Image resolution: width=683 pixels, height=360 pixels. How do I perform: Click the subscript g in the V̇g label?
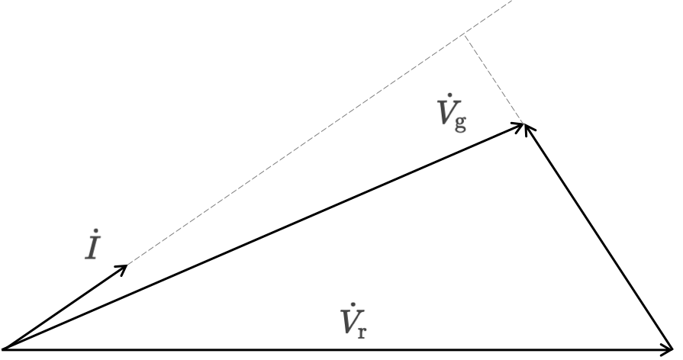click(x=460, y=124)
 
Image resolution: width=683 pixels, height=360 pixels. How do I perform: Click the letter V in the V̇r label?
click(x=350, y=322)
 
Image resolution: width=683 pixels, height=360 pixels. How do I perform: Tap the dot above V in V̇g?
click(x=450, y=95)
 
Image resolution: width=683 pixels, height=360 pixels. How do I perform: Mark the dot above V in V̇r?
click(x=353, y=305)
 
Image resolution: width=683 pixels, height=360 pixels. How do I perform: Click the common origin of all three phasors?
click(x=4, y=349)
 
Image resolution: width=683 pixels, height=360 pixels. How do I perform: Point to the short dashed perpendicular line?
click(x=494, y=79)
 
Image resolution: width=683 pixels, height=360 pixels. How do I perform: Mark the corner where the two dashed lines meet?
click(x=465, y=35)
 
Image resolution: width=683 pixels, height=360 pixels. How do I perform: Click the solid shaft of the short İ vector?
click(x=64, y=307)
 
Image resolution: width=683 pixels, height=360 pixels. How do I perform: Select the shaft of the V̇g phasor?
click(x=263, y=236)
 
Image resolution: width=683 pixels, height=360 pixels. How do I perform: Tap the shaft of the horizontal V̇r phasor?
click(x=337, y=349)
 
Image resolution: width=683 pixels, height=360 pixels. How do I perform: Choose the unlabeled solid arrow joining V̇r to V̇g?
click(x=599, y=236)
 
